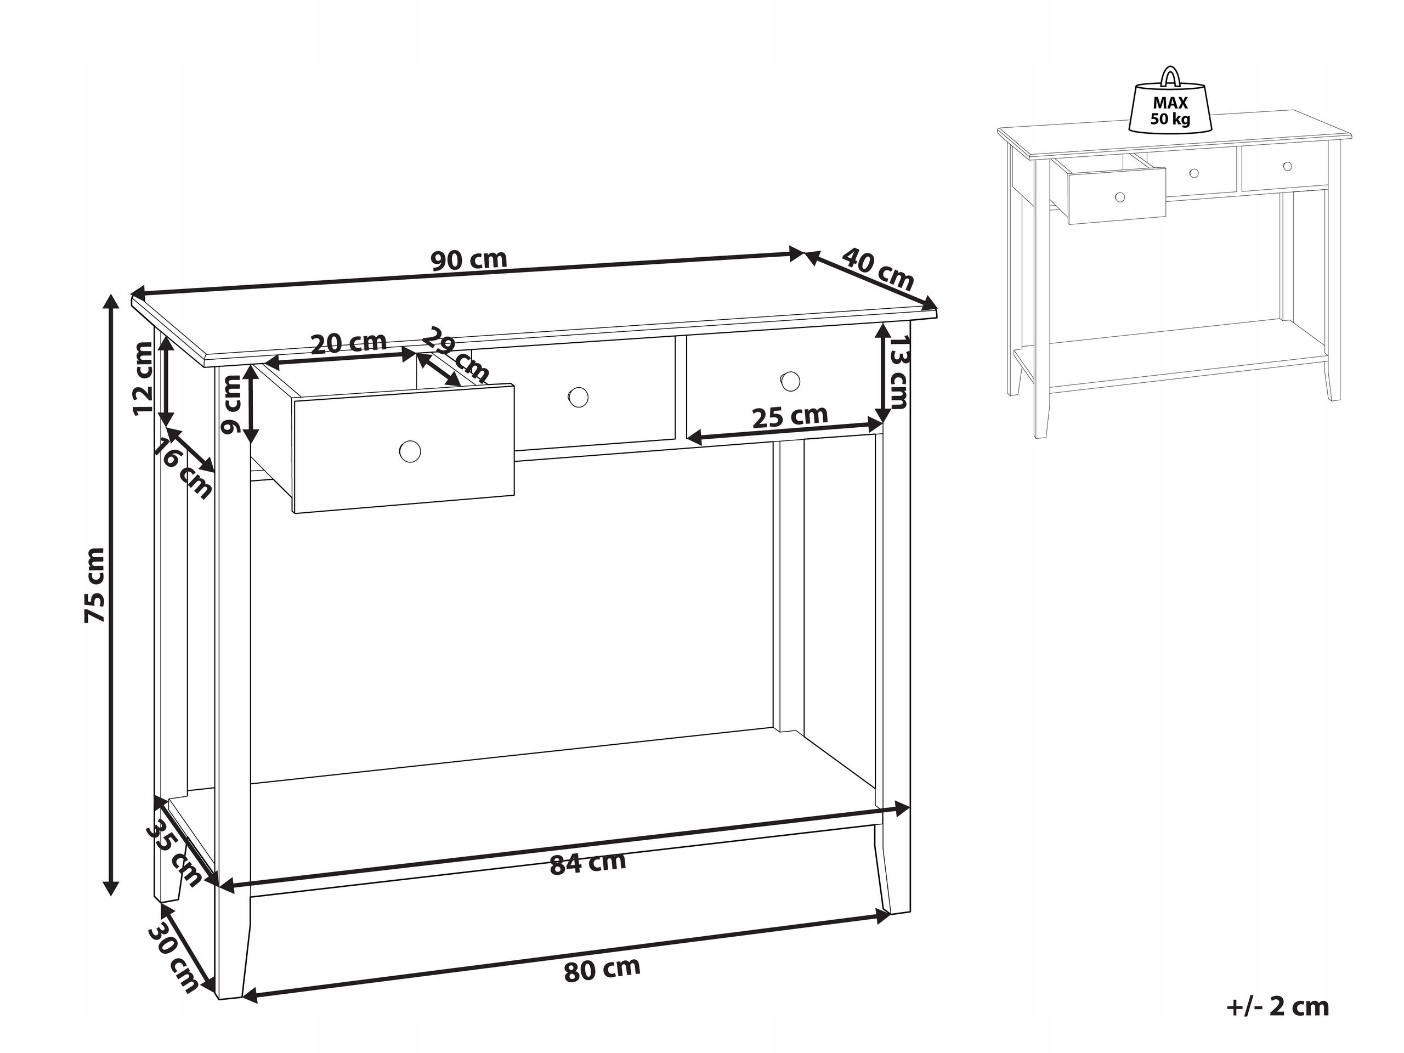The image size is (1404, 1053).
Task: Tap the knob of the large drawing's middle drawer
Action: pyautogui.click(x=578, y=397)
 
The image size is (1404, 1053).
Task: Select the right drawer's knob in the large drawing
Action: pyautogui.click(x=790, y=381)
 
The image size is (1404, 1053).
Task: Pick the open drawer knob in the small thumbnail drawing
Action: pyautogui.click(x=1120, y=197)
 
